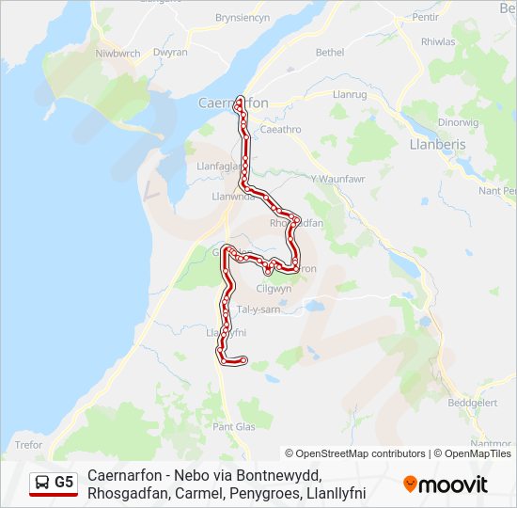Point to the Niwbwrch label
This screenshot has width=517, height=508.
coord(117,53)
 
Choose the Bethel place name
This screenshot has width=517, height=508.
coord(330,53)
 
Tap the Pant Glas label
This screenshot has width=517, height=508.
coord(234,426)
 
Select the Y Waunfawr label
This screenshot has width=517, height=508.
coord(337,180)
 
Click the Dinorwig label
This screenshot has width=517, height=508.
coord(459,122)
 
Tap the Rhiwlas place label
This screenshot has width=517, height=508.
coord(438,41)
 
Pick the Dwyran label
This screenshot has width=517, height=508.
coord(170,54)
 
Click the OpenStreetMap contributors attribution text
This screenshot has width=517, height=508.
coord(355,453)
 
